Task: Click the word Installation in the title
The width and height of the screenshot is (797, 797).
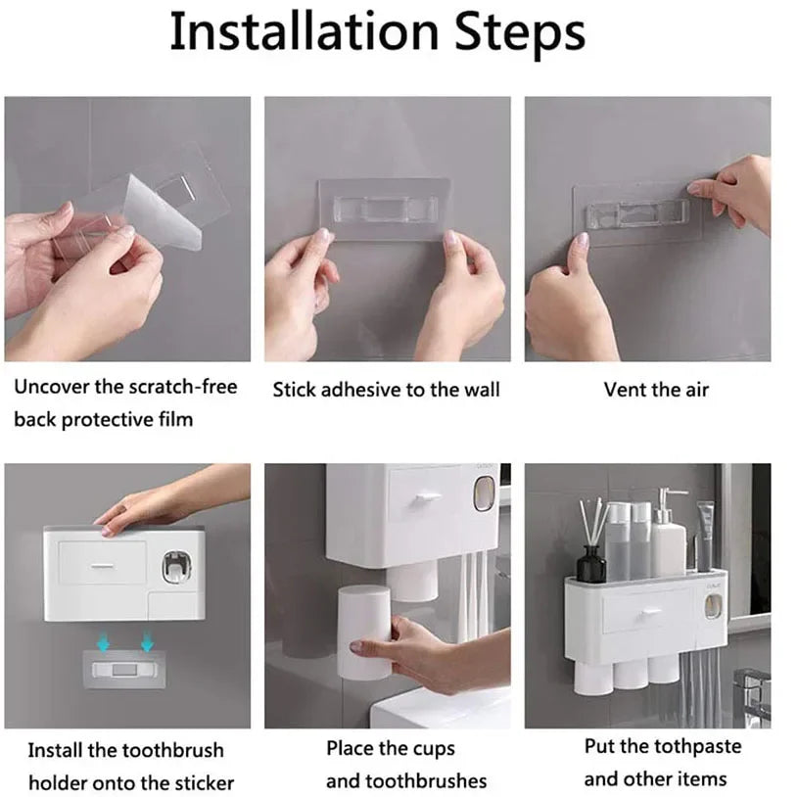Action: tap(301, 32)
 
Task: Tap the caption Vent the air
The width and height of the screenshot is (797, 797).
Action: tap(655, 390)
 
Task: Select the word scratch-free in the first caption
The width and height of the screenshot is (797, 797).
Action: tap(183, 387)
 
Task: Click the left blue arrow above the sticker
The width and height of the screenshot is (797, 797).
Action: tap(103, 642)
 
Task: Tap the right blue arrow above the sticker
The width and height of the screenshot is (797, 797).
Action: tap(147, 642)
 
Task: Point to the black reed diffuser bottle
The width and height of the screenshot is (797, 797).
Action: tap(591, 564)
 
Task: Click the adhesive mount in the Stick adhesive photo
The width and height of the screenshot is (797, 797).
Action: tap(384, 209)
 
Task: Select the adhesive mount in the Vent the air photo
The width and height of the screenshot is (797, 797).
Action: tap(635, 213)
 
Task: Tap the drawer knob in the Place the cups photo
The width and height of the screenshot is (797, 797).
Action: tap(423, 498)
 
